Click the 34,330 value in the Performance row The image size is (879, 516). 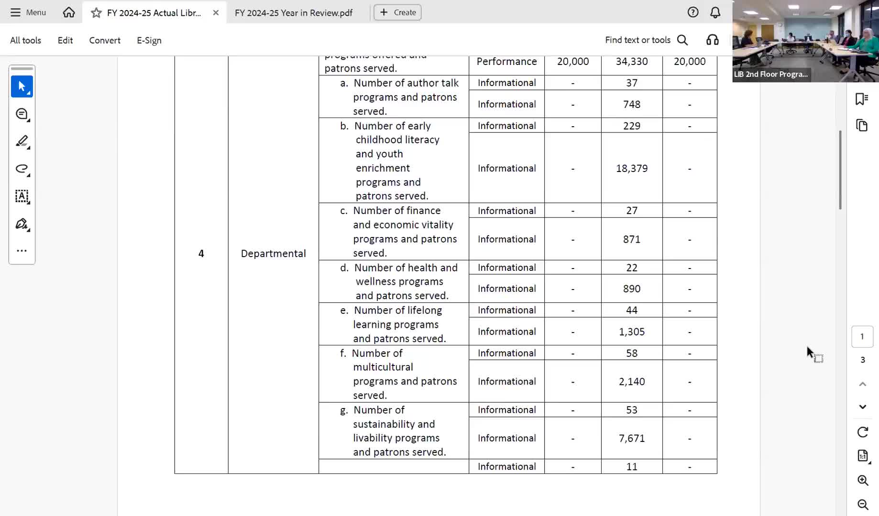(x=632, y=62)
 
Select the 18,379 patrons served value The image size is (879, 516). (x=632, y=169)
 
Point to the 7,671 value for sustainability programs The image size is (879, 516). (x=632, y=439)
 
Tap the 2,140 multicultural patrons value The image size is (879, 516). (x=632, y=382)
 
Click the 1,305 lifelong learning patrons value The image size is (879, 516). (x=632, y=332)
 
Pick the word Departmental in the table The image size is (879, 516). (x=273, y=254)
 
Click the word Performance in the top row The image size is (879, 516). (x=506, y=62)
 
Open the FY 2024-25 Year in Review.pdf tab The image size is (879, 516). (x=294, y=13)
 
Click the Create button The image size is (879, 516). (x=397, y=12)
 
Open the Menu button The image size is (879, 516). (x=28, y=12)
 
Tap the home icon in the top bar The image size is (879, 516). (x=69, y=12)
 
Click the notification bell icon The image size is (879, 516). (x=715, y=12)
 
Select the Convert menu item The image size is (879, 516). (x=105, y=41)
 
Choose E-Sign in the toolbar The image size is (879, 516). (x=149, y=41)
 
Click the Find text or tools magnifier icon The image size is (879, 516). (x=682, y=40)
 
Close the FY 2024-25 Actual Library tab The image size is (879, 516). (x=216, y=13)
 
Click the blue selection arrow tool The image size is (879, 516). (x=22, y=86)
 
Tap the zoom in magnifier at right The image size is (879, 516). (x=863, y=481)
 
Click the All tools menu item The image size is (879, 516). (x=26, y=41)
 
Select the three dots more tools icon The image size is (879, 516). (x=22, y=251)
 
